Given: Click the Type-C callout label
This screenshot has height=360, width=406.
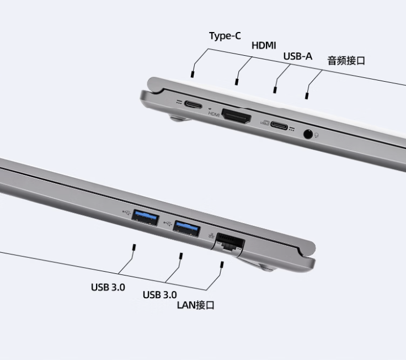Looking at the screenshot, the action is tap(225, 36).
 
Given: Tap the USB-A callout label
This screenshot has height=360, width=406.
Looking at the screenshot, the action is tap(298, 56).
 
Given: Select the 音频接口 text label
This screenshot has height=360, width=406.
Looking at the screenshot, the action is tap(346, 61).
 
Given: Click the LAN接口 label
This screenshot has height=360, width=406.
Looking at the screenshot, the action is tap(196, 305).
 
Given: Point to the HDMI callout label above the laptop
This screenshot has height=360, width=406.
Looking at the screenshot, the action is tap(264, 45).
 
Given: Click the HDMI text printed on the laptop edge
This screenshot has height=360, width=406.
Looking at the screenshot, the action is tap(214, 114).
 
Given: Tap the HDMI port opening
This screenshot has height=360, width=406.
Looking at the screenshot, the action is tap(237, 116).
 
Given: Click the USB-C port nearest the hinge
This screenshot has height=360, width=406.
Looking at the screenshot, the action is tap(193, 105).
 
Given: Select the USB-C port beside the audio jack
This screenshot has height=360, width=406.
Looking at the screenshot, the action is tap(279, 125).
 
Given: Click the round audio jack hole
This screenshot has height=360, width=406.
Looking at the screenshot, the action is tap(308, 134).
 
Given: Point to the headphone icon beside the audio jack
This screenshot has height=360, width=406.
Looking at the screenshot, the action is tap(317, 135).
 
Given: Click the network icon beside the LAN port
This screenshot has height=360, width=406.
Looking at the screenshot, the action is tap(211, 236).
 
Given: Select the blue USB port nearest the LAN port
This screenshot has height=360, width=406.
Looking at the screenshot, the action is tap(186, 229).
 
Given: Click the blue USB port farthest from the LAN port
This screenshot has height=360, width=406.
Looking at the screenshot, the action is tap(145, 218).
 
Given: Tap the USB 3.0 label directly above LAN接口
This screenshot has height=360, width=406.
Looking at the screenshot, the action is tap(160, 295).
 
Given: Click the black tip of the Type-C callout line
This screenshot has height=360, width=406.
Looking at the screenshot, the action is tap(192, 74).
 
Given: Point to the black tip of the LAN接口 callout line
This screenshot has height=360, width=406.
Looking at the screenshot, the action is tap(222, 264).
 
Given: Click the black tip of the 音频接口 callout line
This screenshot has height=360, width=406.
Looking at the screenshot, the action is tap(307, 96).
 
